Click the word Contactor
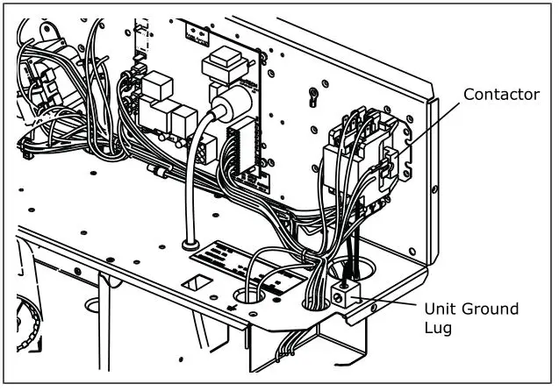501,95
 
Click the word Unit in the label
441,309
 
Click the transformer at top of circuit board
219,66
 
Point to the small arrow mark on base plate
232,308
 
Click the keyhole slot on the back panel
311,92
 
